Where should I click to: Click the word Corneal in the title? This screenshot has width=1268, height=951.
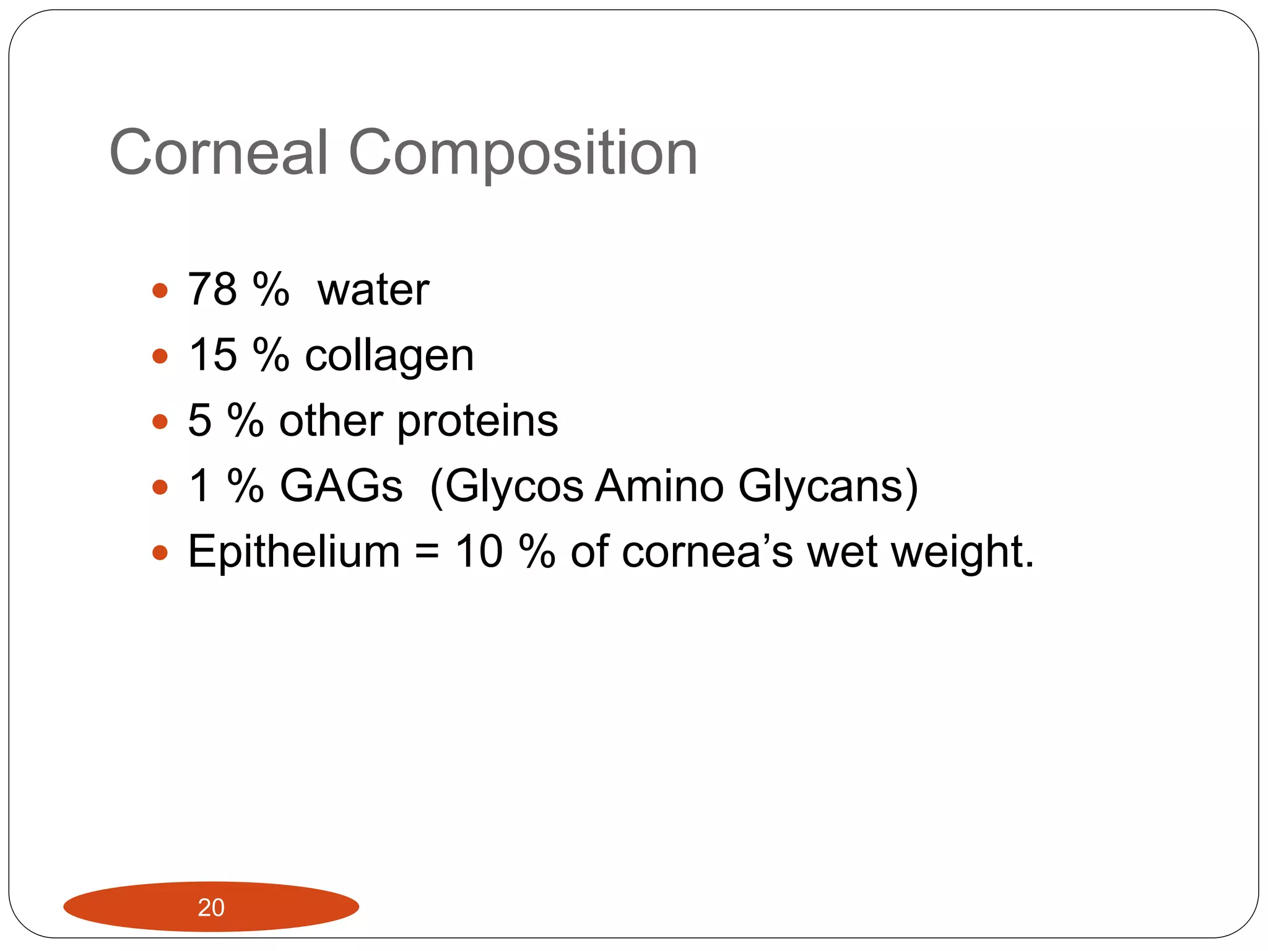(x=218, y=152)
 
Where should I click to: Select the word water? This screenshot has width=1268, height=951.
(x=373, y=290)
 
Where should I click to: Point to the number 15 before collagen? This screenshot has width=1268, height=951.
(x=212, y=355)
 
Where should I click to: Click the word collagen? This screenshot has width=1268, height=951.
(x=389, y=356)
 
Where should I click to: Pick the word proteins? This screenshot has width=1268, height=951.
(x=477, y=421)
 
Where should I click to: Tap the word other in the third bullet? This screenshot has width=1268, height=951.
(x=331, y=420)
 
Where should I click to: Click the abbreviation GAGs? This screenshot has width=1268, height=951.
(x=341, y=485)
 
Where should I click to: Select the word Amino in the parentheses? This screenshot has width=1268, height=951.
(x=659, y=485)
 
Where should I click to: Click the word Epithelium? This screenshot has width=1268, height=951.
(x=294, y=552)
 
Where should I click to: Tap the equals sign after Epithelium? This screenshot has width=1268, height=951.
(x=427, y=552)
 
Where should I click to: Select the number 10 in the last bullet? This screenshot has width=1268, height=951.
(x=479, y=551)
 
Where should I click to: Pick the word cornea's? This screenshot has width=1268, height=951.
(x=706, y=551)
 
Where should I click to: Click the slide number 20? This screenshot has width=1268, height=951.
(x=211, y=908)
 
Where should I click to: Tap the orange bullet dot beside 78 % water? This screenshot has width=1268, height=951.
(x=160, y=290)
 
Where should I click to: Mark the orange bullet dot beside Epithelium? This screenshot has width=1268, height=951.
(x=160, y=552)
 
